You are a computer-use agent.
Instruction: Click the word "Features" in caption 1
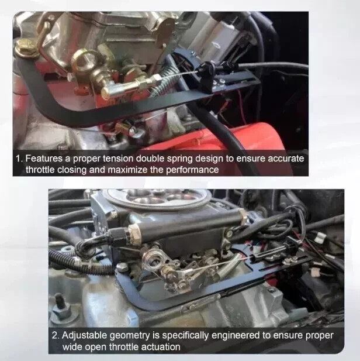[x=46, y=159]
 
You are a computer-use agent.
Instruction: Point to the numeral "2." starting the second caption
[x=56, y=335]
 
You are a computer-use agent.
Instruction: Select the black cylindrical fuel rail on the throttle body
[x=187, y=223]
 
